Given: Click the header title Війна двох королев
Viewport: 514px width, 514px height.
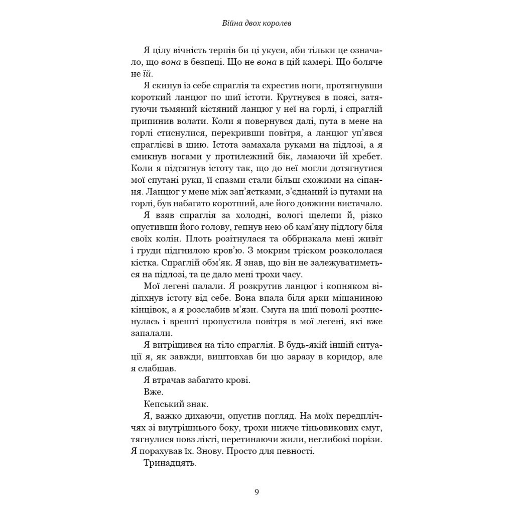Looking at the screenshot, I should pyautogui.click(x=256, y=24).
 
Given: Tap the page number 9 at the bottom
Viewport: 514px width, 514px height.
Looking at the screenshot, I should pyautogui.click(x=256, y=492).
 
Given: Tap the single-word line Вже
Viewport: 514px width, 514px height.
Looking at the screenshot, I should pyautogui.click(x=154, y=392).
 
